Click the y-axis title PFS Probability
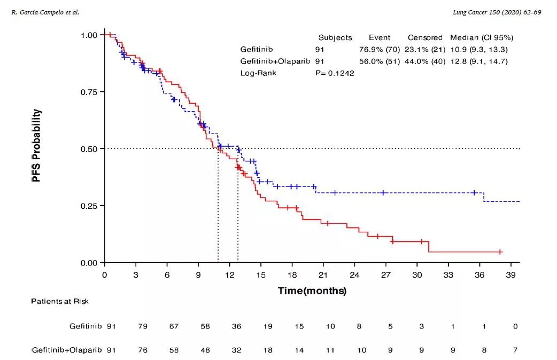pyautogui.click(x=36, y=146)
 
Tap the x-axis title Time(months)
pyautogui.click(x=312, y=291)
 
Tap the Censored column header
pyautogui.click(x=425, y=38)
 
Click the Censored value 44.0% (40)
pyautogui.click(x=426, y=61)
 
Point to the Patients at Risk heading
pyautogui.click(x=59, y=301)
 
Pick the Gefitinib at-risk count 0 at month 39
pyautogui.click(x=515, y=326)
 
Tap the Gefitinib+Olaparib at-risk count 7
pyautogui.click(x=515, y=350)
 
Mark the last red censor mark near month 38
pyautogui.click(x=500, y=252)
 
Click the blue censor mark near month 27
pyautogui.click(x=383, y=192)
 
